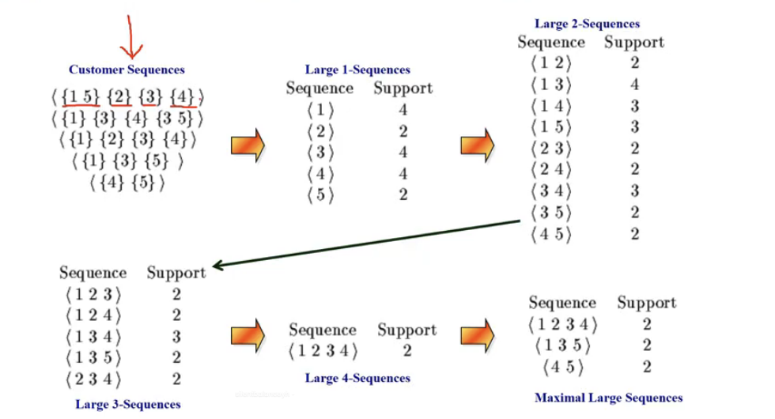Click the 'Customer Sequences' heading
127,70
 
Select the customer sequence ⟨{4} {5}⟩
127,183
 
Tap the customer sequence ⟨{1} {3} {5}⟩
127,161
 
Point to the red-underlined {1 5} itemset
81,96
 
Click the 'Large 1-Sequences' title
357,70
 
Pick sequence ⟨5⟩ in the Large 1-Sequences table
320,194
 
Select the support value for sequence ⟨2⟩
403,131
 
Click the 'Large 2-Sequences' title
587,24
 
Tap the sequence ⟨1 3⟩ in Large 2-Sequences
551,85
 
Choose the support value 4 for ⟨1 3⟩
634,85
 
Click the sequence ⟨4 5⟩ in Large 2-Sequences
551,234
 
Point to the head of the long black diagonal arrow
214,266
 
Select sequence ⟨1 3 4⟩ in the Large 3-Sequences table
93,337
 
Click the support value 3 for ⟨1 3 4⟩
176,337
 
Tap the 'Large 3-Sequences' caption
127,404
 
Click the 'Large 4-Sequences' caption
357,378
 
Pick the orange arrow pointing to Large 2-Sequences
478,145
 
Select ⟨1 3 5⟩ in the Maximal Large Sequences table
562,345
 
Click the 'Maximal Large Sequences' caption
608,398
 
